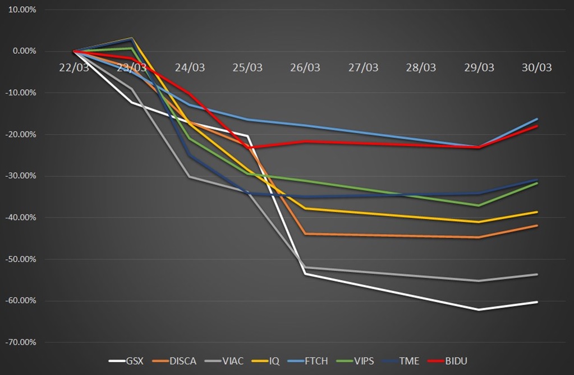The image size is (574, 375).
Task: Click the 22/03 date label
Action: [x=74, y=67]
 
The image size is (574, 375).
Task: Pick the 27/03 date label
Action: [x=363, y=67]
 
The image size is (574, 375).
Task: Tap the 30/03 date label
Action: [x=536, y=67]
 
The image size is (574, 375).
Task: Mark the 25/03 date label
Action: [x=247, y=67]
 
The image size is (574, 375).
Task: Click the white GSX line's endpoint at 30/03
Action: [x=537, y=302]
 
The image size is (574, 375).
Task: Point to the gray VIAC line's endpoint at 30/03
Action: [x=537, y=275]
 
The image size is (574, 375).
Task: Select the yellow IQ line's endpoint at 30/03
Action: [x=537, y=212]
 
